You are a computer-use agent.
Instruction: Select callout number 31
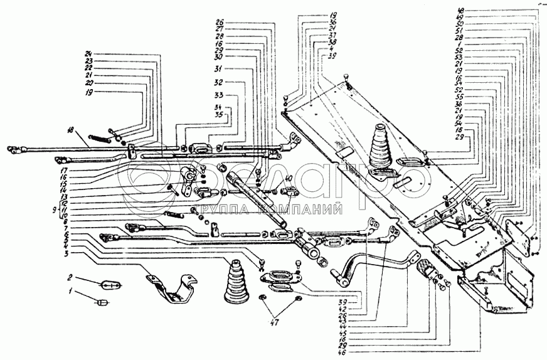point(220,68)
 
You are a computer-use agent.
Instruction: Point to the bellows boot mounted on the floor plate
point(380,149)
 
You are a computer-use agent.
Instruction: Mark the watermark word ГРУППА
point(225,210)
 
